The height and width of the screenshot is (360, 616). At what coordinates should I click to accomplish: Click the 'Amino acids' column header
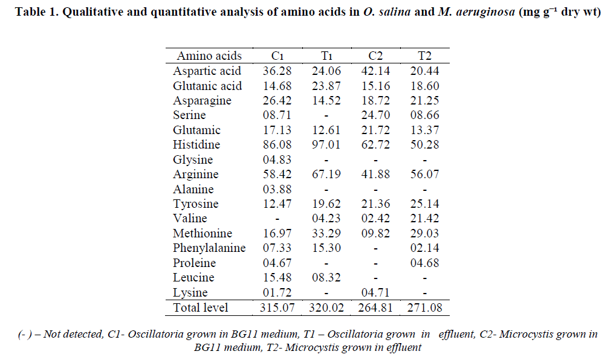209,56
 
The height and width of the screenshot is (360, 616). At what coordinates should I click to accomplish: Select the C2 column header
375,56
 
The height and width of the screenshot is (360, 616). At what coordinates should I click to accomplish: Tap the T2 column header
424,56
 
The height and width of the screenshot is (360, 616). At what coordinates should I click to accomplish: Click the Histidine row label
196,145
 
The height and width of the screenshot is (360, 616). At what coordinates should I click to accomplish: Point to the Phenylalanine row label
209,248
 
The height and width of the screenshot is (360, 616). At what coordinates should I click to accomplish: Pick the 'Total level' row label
201,307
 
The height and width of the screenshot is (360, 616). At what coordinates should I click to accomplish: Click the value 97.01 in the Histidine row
326,145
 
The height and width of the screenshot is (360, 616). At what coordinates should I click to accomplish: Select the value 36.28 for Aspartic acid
277,71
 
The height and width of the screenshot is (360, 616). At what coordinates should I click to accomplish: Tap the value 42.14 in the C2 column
375,71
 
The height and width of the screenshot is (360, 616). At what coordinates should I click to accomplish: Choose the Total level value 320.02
326,307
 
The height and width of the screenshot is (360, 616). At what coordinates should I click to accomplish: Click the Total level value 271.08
424,307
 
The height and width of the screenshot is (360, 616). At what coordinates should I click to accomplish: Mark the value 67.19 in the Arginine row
326,175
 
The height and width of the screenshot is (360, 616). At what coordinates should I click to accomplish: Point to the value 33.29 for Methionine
326,233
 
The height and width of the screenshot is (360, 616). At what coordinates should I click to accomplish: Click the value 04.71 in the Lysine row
375,292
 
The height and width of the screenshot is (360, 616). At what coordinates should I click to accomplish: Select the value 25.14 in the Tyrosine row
424,204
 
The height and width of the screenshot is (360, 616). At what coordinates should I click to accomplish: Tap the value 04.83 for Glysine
277,160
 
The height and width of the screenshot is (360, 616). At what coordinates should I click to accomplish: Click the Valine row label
190,219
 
